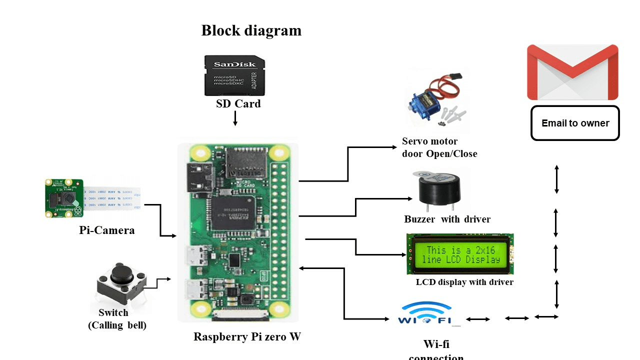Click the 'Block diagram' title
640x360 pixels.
coord(251,30)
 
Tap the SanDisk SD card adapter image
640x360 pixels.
coord(234,75)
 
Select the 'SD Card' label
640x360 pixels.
coord(238,104)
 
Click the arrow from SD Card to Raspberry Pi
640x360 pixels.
coord(235,118)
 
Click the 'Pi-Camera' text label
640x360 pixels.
coord(106,230)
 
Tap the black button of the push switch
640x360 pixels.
coord(122,273)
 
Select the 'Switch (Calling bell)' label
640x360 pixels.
coord(116,319)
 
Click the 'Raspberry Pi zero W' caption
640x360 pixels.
coord(247,337)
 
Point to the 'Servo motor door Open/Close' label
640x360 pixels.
coord(439,147)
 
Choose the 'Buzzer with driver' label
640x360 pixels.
coord(447,219)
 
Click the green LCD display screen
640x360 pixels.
coord(460,254)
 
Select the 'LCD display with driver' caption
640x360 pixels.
coord(464,282)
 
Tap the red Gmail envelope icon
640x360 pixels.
coord(572,72)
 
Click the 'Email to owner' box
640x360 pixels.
coord(575,123)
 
